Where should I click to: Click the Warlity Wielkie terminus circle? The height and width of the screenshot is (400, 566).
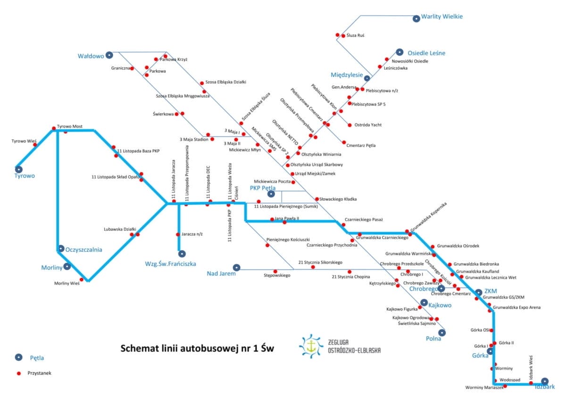tap(416, 19)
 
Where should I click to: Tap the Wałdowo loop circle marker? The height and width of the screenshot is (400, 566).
tap(109, 55)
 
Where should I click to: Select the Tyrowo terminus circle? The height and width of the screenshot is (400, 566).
tap(19, 169)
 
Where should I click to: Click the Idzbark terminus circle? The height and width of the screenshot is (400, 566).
tap(545, 381)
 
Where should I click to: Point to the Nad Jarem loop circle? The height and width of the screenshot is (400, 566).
tap(237, 267)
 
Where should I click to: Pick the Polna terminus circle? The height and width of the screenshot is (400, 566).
tap(441, 332)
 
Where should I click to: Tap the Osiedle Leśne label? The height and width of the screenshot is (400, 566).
tap(426, 53)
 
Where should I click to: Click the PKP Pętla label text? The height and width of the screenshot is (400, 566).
tap(262, 188)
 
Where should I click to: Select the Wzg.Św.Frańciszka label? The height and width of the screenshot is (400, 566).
tap(170, 264)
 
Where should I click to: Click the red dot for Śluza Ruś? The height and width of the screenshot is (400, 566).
tap(338, 35)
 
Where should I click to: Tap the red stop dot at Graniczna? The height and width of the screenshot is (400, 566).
tap(132, 68)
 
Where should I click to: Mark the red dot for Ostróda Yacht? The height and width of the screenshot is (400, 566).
tap(350, 125)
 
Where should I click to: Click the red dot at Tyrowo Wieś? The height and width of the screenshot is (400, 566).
tap(35, 145)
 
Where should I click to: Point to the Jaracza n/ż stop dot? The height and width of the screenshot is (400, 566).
tap(178, 234)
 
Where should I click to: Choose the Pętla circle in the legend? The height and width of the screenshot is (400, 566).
tap(18, 357)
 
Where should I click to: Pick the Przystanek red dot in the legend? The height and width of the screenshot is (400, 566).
tap(19, 373)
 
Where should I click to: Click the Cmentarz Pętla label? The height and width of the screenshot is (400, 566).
tap(361, 145)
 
